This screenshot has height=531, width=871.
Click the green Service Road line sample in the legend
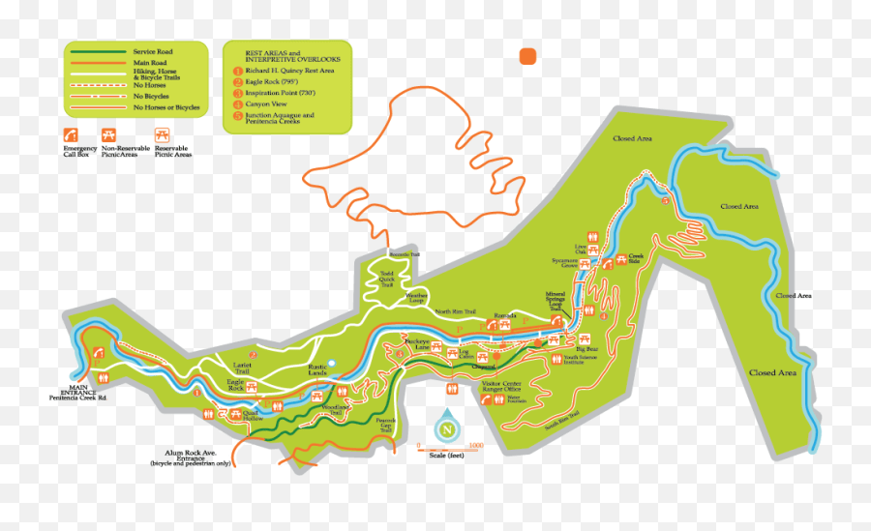[x=97, y=51]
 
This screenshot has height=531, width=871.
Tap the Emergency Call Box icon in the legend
[x=72, y=134]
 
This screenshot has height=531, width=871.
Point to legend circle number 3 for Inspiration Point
[x=237, y=93]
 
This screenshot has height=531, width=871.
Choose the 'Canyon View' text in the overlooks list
[x=267, y=104]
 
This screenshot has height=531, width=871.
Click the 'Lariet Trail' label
[x=242, y=368]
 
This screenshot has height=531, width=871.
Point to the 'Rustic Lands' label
[x=318, y=369]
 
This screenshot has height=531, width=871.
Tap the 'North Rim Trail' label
[x=455, y=311]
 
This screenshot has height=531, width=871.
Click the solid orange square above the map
[x=528, y=56]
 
